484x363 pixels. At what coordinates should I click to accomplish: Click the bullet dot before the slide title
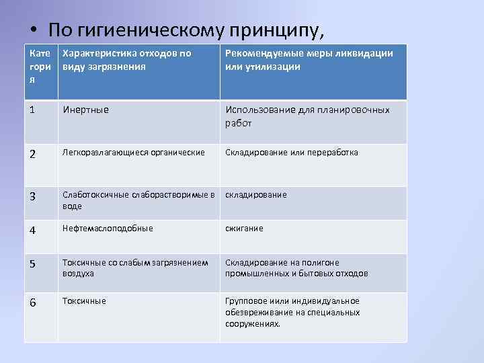coord(33,31)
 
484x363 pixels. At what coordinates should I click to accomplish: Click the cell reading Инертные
coord(85,110)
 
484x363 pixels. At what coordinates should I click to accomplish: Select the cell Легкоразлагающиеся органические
coord(133,153)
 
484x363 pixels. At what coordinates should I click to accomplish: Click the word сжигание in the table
coord(244,229)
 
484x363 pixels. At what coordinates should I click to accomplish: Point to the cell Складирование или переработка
coord(292,153)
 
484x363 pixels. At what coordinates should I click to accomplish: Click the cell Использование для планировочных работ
coord(307,116)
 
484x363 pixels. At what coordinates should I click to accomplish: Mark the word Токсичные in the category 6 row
coord(84,301)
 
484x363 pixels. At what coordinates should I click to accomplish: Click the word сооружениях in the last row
coord(253,324)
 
